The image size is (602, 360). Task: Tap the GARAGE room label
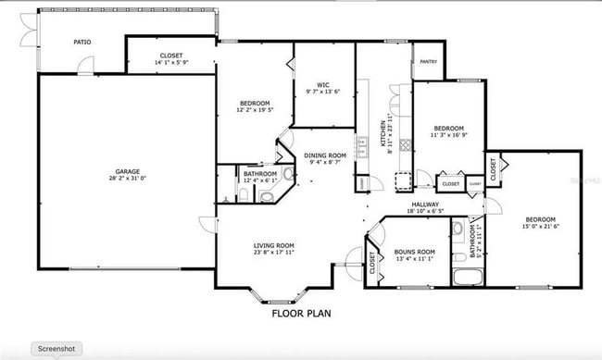click(x=128, y=171)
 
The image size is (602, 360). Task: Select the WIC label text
click(x=324, y=85)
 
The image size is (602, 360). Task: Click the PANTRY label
click(x=428, y=62)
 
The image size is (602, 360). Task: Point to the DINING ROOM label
click(x=325, y=155)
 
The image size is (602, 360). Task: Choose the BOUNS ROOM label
click(x=414, y=252)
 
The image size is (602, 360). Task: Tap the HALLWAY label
click(x=426, y=205)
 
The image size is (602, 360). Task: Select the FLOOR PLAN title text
click(x=301, y=314)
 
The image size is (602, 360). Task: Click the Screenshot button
click(x=57, y=349)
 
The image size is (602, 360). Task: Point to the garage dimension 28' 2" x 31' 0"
click(x=128, y=178)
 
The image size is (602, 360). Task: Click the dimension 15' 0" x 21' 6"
click(x=540, y=226)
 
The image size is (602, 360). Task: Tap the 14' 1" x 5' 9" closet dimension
click(x=171, y=62)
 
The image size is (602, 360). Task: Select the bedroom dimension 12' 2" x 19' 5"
click(x=255, y=109)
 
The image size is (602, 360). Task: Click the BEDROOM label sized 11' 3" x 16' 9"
click(x=449, y=128)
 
